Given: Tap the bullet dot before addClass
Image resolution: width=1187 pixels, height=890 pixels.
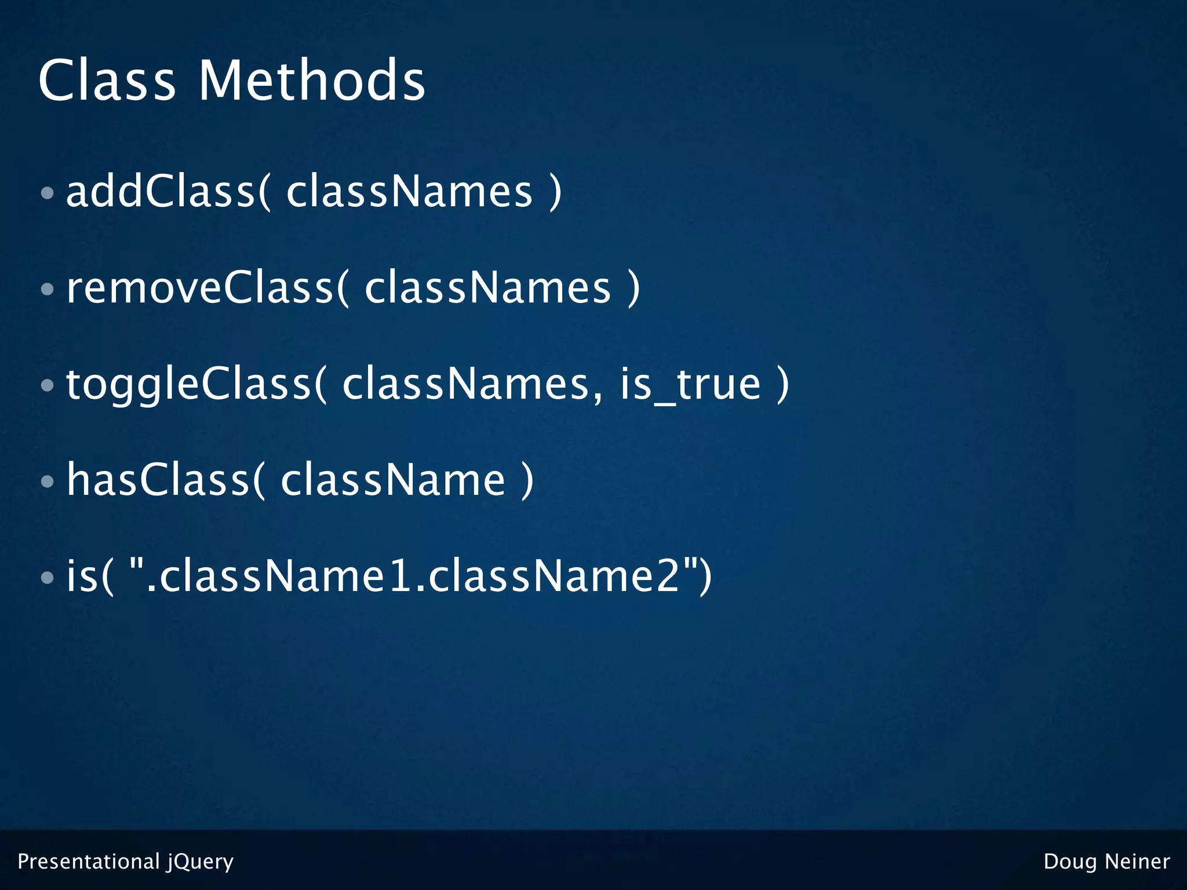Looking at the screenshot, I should tap(48, 192).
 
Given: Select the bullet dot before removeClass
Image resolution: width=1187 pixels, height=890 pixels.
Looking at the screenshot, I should tap(48, 289).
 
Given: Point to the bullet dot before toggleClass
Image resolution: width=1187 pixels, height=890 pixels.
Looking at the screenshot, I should tap(48, 385).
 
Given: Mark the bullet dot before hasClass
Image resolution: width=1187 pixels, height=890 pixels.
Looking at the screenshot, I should tap(48, 481).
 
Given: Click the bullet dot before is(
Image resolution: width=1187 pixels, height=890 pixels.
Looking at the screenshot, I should tap(48, 577).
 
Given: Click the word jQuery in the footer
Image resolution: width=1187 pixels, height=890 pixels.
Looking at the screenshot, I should tap(201, 862).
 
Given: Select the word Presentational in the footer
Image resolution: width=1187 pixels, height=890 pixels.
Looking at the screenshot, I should tap(89, 862).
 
